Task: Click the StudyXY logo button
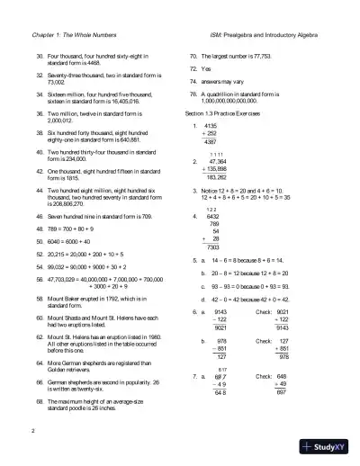click(329, 446)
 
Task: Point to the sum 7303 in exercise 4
click(213, 246)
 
